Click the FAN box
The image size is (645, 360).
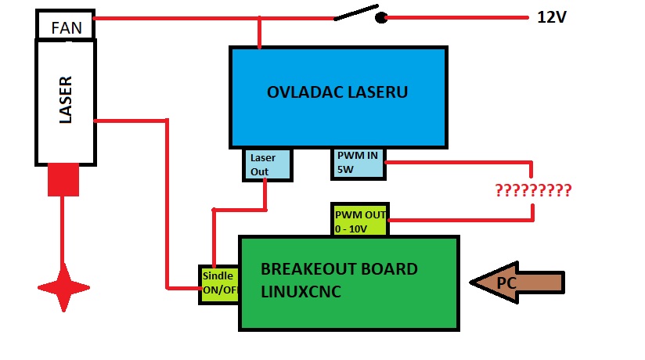tap(66, 27)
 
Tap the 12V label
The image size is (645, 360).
tap(551, 16)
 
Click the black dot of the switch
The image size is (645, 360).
tap(381, 17)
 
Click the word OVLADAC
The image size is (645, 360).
tap(301, 92)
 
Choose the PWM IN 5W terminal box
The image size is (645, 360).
tap(358, 162)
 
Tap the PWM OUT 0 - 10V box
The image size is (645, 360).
tap(360, 220)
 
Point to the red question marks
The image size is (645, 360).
tap(532, 190)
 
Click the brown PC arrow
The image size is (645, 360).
tap(517, 283)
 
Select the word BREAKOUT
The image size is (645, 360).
tap(301, 269)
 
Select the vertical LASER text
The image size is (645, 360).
tap(66, 100)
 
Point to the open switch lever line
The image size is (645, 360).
tap(353, 13)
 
